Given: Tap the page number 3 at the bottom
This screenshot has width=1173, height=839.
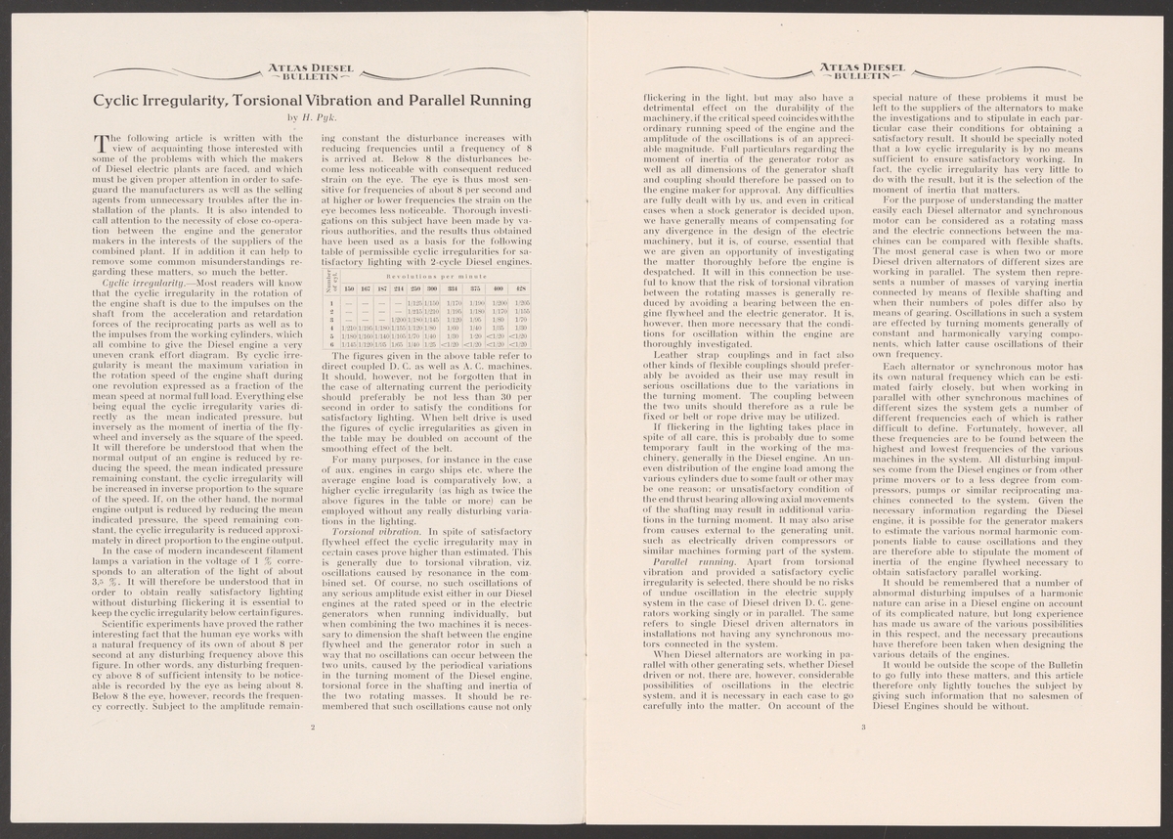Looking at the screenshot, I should (863, 727).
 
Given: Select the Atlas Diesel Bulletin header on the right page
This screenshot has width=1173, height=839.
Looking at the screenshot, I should (863, 71).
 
